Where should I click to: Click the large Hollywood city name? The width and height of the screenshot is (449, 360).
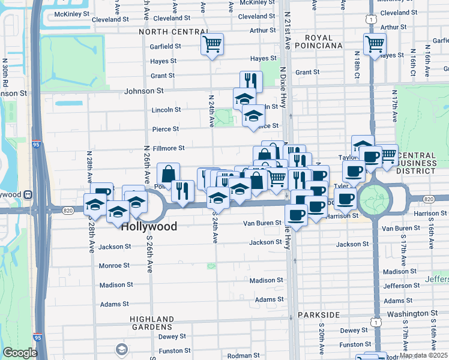tap(149, 227)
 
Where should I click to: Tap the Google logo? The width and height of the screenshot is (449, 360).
tap(20, 353)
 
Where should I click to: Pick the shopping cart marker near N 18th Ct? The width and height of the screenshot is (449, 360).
tap(375, 44)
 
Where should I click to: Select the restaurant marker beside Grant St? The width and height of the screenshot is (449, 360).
tap(251, 82)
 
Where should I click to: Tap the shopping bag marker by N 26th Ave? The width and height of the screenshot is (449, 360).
tap(169, 174)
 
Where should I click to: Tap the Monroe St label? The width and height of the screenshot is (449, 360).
tap(114, 265)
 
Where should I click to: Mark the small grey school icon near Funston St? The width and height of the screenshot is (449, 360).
tap(122, 349)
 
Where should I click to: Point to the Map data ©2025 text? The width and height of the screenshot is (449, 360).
tap(423, 355)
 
